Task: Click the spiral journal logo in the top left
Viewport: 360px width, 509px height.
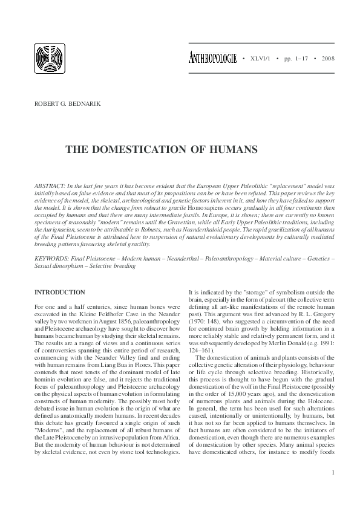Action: pyautogui.click(x=50, y=60)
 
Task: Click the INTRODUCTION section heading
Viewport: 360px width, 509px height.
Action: pyautogui.click(x=60, y=292)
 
